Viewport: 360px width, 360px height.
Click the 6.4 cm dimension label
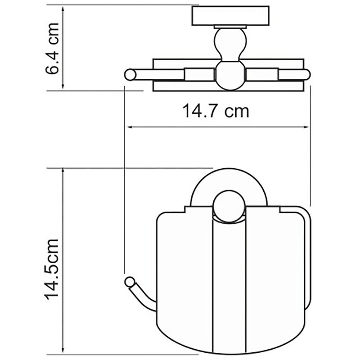52,48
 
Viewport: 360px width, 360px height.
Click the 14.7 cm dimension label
216,111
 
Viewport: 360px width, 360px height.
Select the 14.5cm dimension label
51,269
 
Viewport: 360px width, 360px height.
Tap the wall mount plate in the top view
230,16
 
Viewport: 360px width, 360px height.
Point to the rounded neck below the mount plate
230,44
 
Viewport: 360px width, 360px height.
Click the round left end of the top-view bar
130,75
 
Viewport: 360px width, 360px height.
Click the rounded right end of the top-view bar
306,75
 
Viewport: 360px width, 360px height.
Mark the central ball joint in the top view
230,75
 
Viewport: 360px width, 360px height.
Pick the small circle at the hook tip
130,282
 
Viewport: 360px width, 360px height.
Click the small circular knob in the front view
229,207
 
